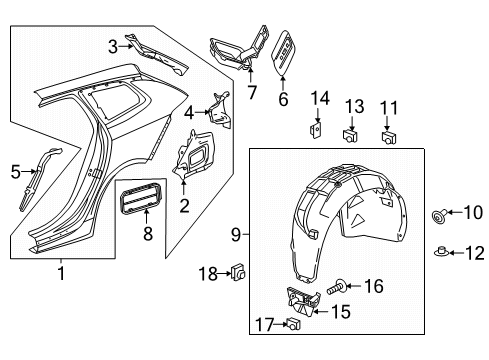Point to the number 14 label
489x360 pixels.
coord(318,96)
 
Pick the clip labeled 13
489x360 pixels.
coord(351,136)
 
